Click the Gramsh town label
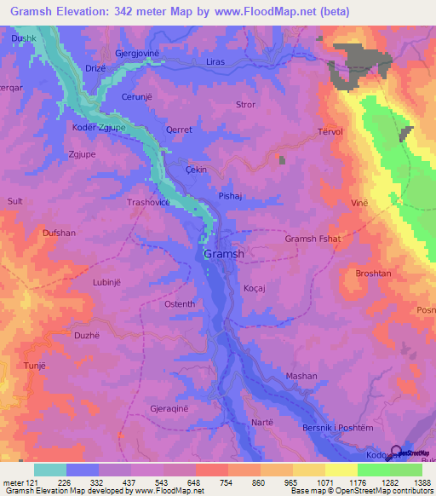[x=224, y=254]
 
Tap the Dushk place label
[x=24, y=39]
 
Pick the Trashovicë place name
[x=150, y=203]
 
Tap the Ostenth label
[x=179, y=304]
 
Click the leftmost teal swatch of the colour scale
[x=50, y=470]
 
